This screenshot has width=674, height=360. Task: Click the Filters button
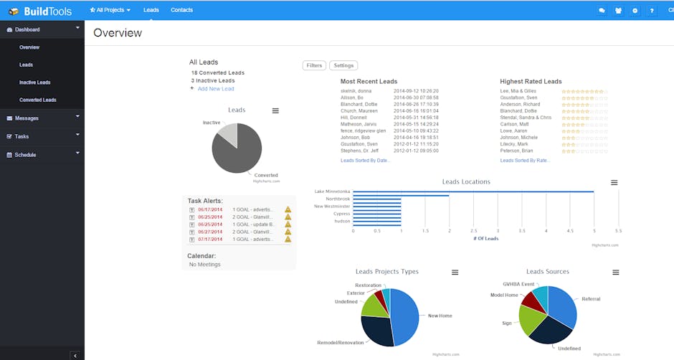314,65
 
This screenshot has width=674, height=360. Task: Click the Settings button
343,65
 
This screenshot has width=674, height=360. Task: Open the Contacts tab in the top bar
181,10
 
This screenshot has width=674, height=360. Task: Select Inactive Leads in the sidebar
34,82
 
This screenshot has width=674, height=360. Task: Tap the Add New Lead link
216,88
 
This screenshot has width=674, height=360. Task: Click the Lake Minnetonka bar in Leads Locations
473,191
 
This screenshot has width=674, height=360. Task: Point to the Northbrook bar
401,199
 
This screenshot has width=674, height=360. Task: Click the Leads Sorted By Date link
366,161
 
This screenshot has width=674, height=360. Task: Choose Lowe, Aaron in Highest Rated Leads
515,131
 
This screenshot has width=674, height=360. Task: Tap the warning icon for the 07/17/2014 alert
288,239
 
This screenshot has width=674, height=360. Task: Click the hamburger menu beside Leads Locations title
614,182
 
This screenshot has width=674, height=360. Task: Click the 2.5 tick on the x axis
473,231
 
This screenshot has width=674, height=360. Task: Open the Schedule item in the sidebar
25,154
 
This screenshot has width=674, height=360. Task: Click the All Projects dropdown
110,10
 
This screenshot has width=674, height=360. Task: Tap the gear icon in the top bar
635,11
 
